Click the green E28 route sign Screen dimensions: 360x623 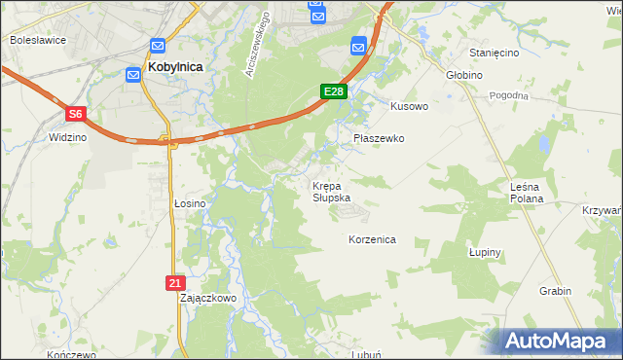coord(333,91)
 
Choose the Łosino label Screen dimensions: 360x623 coord(190,202)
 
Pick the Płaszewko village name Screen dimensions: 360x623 coord(379,138)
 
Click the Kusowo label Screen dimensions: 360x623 coord(409,105)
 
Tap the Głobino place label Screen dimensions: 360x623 coord(464,74)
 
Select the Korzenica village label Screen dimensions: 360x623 coord(372,238)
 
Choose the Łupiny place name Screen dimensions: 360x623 coord(484,252)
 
